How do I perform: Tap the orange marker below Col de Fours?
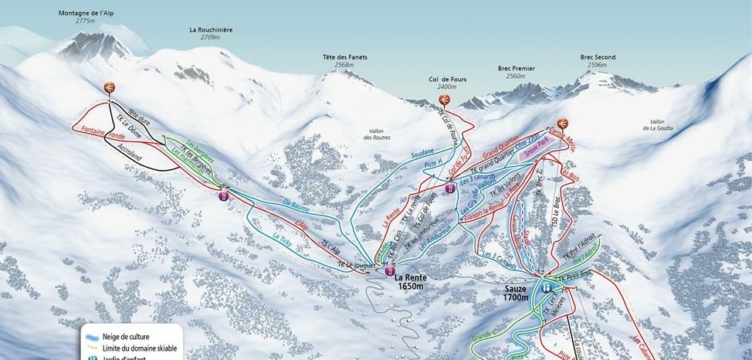pyautogui.click(x=444, y=100)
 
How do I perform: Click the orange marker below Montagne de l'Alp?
pyautogui.click(x=110, y=87)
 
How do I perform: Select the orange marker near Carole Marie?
pyautogui.click(x=562, y=123)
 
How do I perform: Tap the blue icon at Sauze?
pyautogui.click(x=547, y=287)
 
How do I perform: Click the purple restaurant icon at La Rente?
pyautogui.click(x=390, y=271)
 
